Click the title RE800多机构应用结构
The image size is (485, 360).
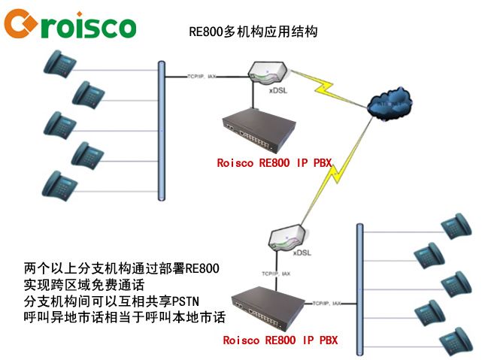pos(253,32)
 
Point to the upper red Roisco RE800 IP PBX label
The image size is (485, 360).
pos(274,163)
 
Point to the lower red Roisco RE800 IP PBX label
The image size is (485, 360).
pos(280,340)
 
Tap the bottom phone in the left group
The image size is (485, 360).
pos(60,183)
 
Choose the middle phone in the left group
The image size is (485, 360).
pos(60,123)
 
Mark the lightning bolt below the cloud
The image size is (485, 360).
pos(332,177)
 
